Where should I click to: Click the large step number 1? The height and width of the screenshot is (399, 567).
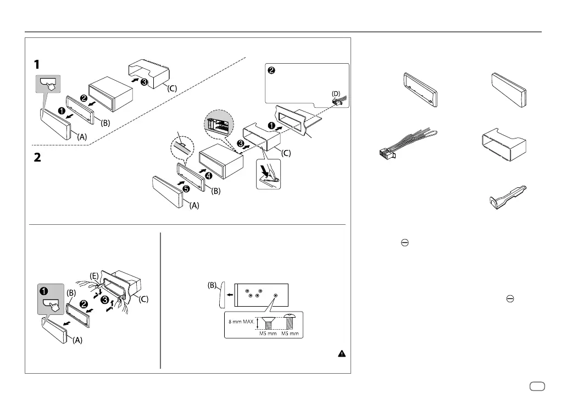36,64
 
